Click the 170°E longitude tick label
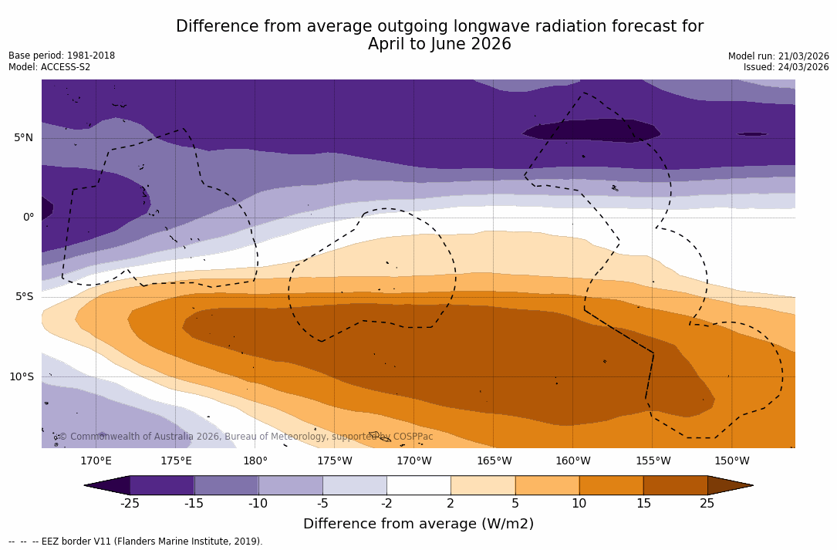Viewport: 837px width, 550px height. (96, 461)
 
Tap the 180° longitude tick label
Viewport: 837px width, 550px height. (255, 461)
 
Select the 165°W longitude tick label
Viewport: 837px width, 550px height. (494, 461)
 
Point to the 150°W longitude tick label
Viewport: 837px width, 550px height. (731, 461)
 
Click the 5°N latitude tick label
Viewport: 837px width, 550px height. (24, 138)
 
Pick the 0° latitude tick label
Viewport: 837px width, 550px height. (29, 218)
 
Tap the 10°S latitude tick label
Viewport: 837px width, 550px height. (22, 377)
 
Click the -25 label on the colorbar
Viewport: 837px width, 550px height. (130, 504)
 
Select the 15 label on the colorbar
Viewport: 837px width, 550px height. (643, 504)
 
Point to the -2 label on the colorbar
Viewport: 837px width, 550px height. (386, 504)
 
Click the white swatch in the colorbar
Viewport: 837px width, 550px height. (418, 485)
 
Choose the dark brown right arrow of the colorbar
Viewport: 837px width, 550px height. (730, 485)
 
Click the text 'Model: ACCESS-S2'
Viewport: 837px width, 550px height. (49, 67)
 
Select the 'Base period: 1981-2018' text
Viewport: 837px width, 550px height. (62, 56)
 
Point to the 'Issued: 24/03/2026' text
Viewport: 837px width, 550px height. (786, 67)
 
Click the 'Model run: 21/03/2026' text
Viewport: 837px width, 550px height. (778, 56)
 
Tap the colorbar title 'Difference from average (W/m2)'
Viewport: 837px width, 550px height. (418, 525)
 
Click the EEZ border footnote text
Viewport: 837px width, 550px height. (136, 542)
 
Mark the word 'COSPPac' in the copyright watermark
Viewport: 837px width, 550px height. (413, 437)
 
